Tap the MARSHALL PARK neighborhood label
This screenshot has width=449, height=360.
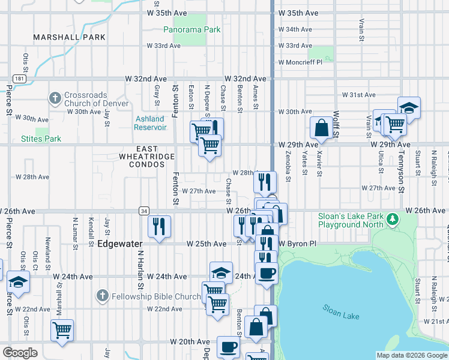point(70,37)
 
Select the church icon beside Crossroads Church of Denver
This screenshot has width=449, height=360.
point(55,98)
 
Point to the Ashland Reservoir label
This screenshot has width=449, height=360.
point(151,123)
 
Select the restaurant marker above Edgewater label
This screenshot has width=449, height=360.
point(159,226)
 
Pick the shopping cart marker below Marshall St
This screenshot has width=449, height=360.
point(62,329)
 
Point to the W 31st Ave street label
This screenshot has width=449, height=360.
point(358,95)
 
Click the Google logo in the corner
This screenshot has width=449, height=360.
point(20,353)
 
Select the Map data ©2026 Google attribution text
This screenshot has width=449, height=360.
point(411,355)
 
